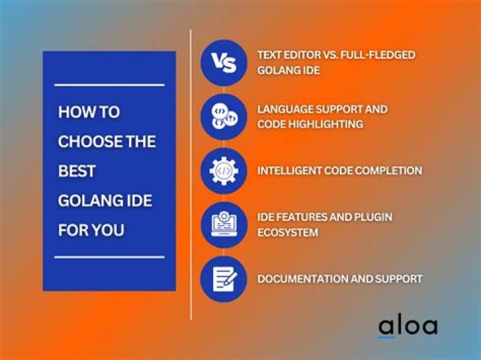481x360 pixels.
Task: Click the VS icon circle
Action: [224, 63]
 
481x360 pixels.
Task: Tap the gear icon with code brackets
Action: [224, 171]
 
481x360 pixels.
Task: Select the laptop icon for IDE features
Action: [224, 225]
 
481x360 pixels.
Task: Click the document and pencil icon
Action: [224, 279]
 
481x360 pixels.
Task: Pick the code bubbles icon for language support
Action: [224, 117]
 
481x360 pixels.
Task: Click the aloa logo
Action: [408, 328]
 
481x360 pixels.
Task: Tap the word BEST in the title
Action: [77, 171]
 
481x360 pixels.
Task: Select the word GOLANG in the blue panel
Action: [86, 200]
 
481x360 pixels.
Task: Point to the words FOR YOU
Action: [91, 230]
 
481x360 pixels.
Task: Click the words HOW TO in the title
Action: [89, 112]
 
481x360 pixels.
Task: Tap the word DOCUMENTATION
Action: [303, 279]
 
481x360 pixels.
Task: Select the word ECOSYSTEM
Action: [288, 232]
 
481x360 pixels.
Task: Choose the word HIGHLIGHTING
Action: [325, 124]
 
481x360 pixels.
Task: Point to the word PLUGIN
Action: [373, 217]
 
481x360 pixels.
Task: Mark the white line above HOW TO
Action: [110, 85]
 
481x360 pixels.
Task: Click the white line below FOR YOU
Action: [110, 257]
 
